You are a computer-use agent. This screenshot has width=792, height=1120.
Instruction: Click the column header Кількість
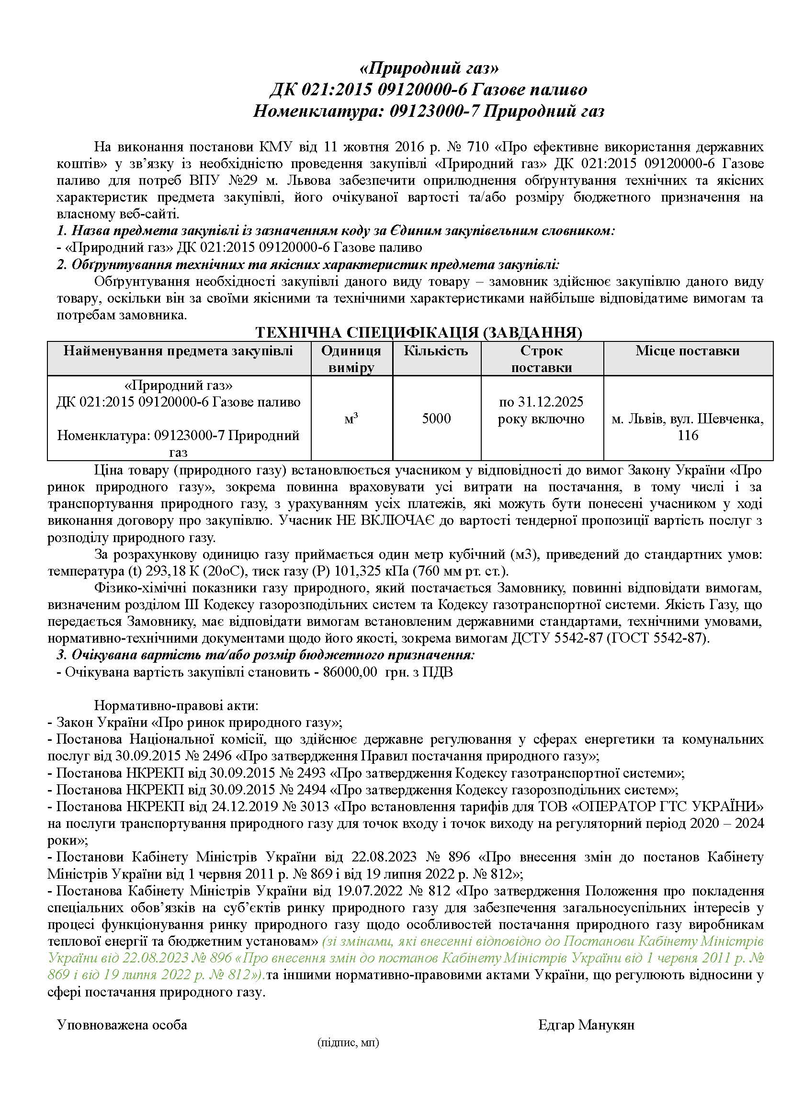[x=436, y=351]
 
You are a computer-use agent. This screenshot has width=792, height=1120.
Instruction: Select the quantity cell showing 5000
[x=436, y=418]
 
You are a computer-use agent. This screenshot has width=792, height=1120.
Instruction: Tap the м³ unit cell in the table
[x=351, y=418]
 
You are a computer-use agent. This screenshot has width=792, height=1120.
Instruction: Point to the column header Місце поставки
[x=687, y=351]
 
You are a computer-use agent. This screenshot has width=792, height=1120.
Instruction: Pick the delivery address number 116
[x=688, y=435]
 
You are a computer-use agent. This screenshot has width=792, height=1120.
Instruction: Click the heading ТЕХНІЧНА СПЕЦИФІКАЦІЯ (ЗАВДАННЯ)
[x=419, y=333]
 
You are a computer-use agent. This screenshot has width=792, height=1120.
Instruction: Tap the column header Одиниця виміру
[x=351, y=359]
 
